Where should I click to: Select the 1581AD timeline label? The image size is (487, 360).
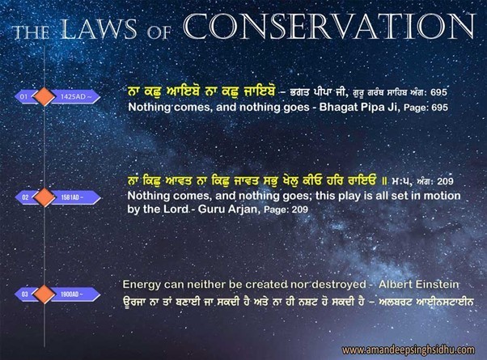72,197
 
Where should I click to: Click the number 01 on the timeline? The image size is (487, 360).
24,98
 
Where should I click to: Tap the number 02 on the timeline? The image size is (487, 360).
24,197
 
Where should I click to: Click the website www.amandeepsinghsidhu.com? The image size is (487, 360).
409,350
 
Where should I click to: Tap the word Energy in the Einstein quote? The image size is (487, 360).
140,285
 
